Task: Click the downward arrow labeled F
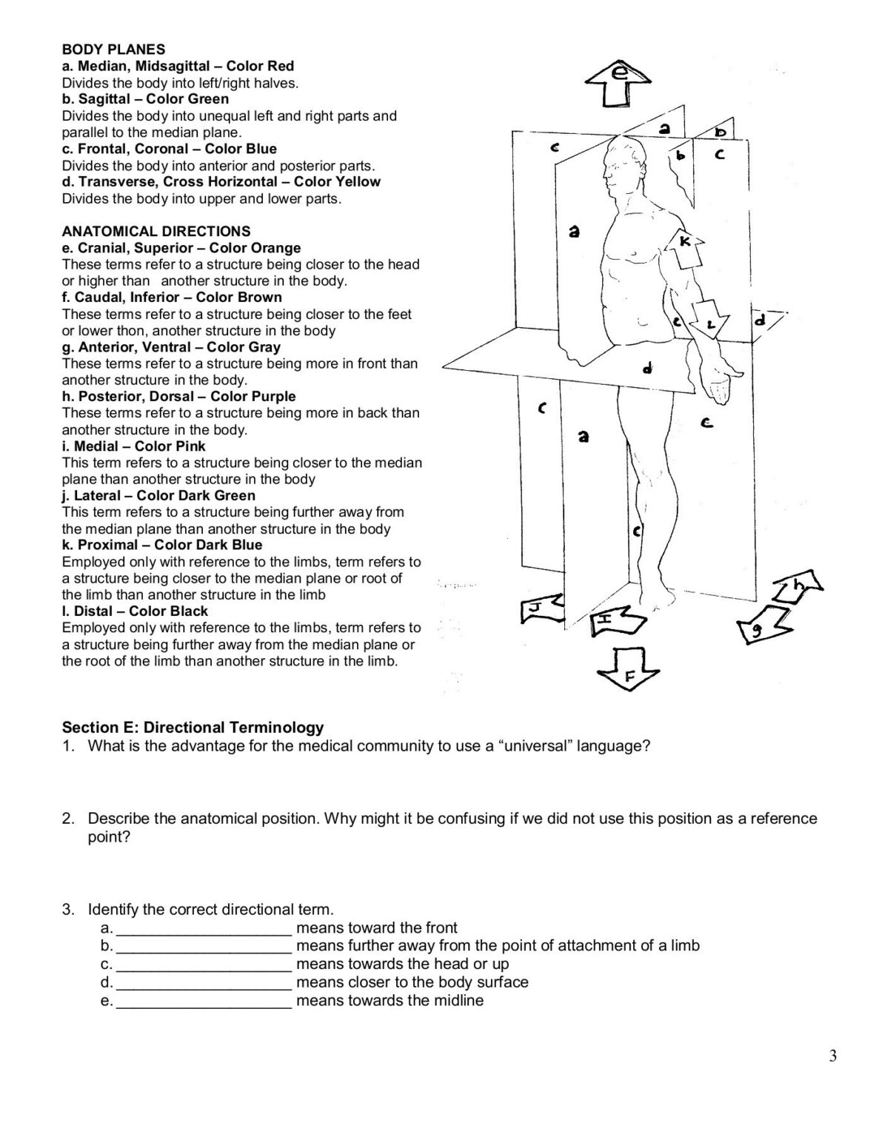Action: click(628, 668)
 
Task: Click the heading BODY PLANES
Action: click(113, 50)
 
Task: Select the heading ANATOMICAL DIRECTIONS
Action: click(156, 231)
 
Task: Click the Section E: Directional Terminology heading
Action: click(193, 728)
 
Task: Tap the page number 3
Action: click(833, 1056)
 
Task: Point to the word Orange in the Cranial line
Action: click(277, 248)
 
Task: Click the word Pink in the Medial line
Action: click(191, 446)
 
